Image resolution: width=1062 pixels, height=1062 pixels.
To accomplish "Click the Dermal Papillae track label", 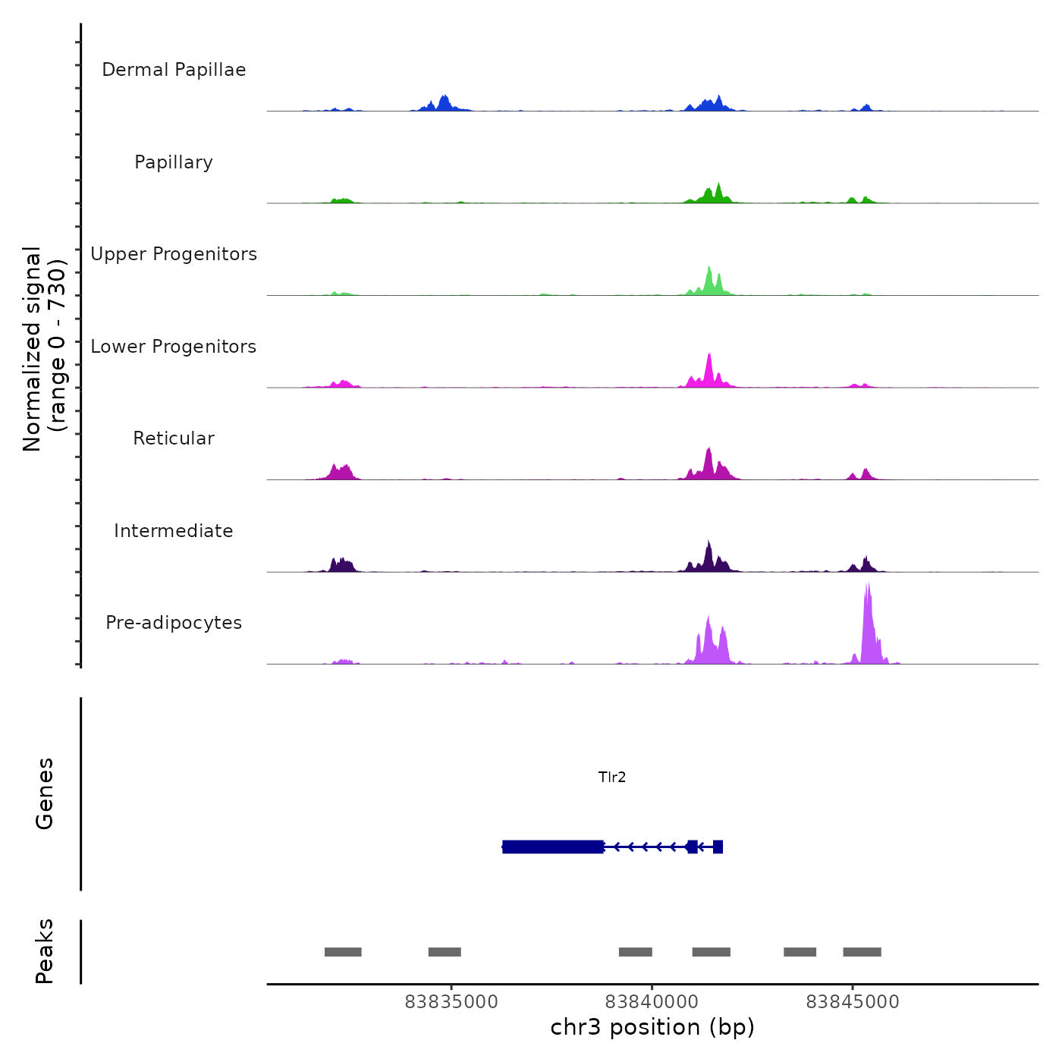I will click(x=174, y=70).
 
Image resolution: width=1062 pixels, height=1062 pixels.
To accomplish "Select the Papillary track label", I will click(x=174, y=162).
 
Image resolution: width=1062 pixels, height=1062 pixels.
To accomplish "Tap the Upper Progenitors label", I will click(x=174, y=254).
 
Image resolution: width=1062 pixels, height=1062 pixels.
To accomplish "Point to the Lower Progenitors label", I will click(x=174, y=347).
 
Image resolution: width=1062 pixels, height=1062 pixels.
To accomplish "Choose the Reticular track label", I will click(x=174, y=438).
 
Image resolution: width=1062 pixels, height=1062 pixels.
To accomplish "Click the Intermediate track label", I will click(x=174, y=531).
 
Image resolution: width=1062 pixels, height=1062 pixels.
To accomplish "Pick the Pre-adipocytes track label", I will click(x=174, y=623).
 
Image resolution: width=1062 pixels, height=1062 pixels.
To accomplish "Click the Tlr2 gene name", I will click(x=612, y=777).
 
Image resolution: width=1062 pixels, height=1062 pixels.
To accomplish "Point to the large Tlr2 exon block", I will click(x=553, y=847).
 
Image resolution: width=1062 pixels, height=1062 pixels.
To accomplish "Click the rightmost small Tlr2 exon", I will click(x=718, y=847).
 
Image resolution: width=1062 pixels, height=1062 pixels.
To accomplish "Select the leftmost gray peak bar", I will click(x=343, y=952).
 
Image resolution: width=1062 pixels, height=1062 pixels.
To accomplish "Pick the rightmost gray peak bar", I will click(x=862, y=952).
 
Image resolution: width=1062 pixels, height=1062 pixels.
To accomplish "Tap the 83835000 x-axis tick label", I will click(x=451, y=1002).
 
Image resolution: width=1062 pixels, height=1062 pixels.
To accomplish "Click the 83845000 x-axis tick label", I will click(x=853, y=1002).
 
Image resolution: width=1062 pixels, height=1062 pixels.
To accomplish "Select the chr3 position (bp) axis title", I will click(x=652, y=1027).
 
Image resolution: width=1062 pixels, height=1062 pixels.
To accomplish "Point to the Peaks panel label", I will click(x=45, y=951).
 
